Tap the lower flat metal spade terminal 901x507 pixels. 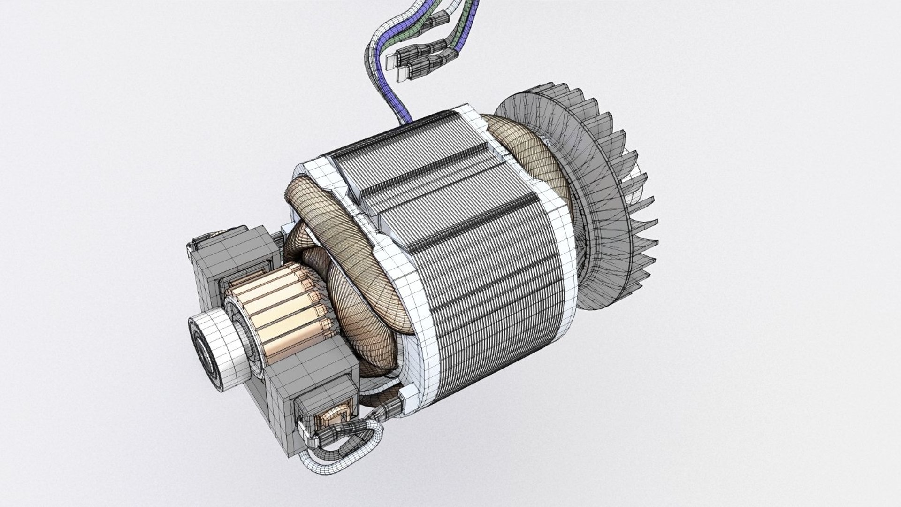[x=403, y=74]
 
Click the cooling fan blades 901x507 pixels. [x=624, y=197]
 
